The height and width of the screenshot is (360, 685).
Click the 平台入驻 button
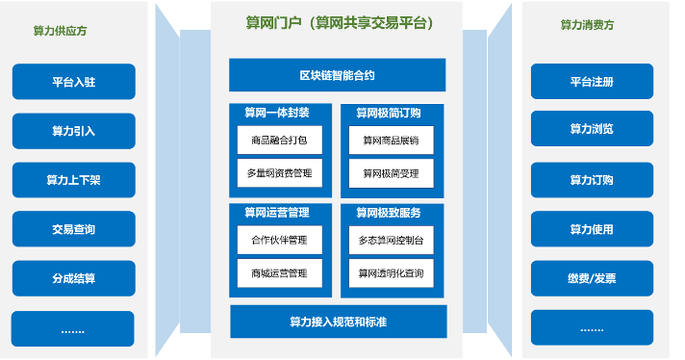73,82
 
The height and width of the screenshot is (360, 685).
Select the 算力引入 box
73,131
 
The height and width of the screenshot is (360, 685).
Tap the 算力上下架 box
73,180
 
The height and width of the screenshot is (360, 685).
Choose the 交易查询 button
73,229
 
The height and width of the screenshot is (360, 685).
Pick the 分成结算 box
73,279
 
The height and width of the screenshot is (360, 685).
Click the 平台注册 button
592,82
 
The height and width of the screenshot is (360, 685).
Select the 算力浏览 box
592,129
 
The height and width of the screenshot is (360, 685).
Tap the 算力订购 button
592,180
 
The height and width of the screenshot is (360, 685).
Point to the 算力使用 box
592,229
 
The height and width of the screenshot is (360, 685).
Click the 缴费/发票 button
592,279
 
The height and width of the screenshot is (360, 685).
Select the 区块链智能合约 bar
337,75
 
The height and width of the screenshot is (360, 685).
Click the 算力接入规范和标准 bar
338,321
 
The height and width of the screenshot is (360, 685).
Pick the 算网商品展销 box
391,141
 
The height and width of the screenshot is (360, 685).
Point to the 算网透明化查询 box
391,273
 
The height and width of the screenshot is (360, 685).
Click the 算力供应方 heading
60,31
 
